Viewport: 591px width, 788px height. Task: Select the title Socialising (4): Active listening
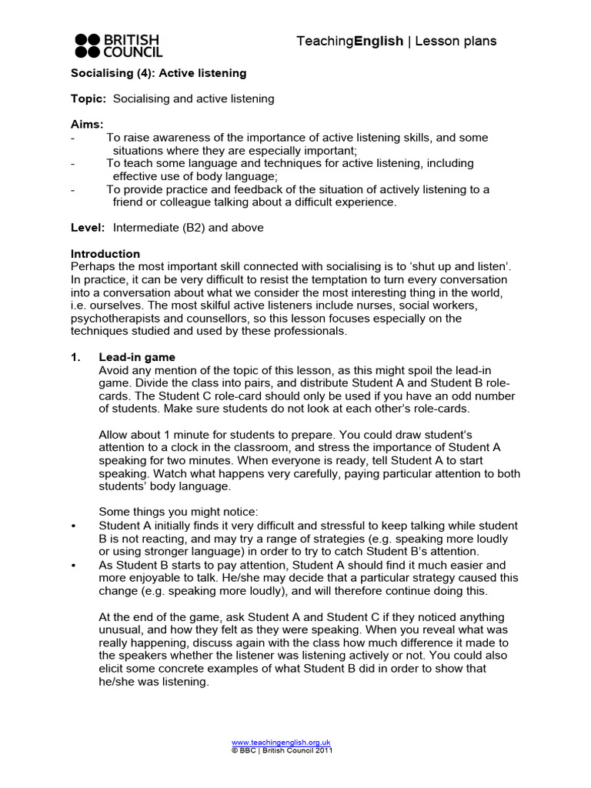(x=159, y=73)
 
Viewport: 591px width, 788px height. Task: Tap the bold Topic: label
(x=88, y=98)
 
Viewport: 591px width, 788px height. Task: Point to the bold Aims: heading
(x=87, y=125)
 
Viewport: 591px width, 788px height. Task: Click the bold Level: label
(x=88, y=228)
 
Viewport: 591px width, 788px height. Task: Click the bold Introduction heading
(x=105, y=254)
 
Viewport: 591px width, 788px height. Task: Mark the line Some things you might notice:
(x=172, y=513)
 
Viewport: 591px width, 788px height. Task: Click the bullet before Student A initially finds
(x=74, y=526)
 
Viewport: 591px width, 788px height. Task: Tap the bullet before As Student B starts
(x=74, y=565)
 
